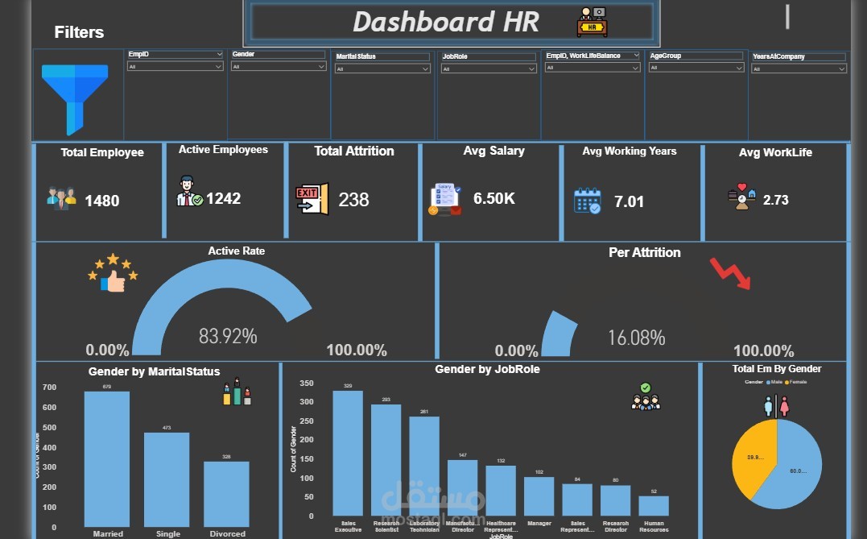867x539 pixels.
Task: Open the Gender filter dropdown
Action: pyautogui.click(x=278, y=67)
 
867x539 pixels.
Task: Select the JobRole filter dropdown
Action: pyautogui.click(x=488, y=69)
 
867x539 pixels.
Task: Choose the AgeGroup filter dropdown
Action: pyautogui.click(x=696, y=68)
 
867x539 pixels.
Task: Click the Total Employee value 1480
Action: pyautogui.click(x=102, y=201)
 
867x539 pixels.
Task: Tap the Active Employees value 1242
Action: pyautogui.click(x=223, y=198)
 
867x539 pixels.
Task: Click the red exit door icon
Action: pyautogui.click(x=312, y=199)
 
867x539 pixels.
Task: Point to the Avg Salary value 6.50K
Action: pyautogui.click(x=494, y=198)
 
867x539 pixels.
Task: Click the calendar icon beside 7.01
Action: pyautogui.click(x=587, y=201)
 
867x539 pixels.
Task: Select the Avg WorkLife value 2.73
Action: pyautogui.click(x=775, y=201)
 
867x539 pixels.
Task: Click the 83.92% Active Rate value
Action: pyautogui.click(x=228, y=336)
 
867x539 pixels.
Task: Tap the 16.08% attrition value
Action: pyautogui.click(x=636, y=338)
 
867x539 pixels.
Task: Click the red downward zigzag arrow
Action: pyautogui.click(x=729, y=273)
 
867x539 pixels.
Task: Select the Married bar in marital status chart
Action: pyautogui.click(x=107, y=459)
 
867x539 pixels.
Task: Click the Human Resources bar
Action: pyautogui.click(x=654, y=505)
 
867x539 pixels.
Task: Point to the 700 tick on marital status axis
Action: pyautogui.click(x=49, y=388)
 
